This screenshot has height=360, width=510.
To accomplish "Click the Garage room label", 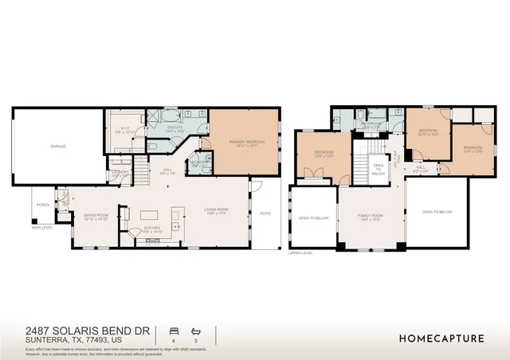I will click(x=58, y=147).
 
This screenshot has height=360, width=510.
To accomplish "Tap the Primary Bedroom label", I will click(x=245, y=143).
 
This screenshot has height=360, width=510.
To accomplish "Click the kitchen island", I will click(x=151, y=214).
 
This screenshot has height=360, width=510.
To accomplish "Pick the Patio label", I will click(x=265, y=213).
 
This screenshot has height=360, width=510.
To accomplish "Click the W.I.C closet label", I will click(x=125, y=128).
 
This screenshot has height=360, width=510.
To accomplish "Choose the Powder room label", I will click(x=199, y=165).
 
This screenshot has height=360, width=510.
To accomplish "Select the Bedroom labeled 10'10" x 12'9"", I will click(x=429, y=131).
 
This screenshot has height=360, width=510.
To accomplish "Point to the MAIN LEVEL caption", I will click(x=42, y=228).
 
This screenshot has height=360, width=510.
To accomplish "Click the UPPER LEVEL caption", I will click(x=300, y=253).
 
